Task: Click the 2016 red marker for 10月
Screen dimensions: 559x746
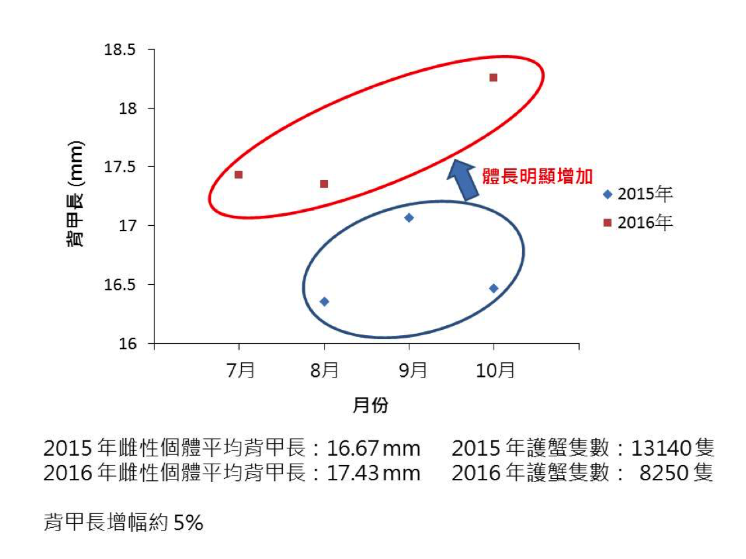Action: pos(493,77)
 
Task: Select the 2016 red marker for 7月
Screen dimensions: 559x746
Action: pos(239,175)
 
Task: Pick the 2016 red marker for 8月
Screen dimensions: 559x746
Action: pos(324,183)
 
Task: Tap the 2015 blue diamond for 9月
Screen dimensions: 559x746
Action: pos(409,218)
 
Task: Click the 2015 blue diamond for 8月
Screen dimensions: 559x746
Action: pos(324,301)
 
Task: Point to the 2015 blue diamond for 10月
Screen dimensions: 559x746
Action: pos(494,288)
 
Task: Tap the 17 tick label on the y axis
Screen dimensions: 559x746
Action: pos(128,226)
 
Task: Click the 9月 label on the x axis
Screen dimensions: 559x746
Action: pos(412,370)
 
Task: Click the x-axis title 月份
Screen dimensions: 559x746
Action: pos(370,406)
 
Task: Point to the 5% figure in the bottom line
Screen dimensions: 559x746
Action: pos(188,523)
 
